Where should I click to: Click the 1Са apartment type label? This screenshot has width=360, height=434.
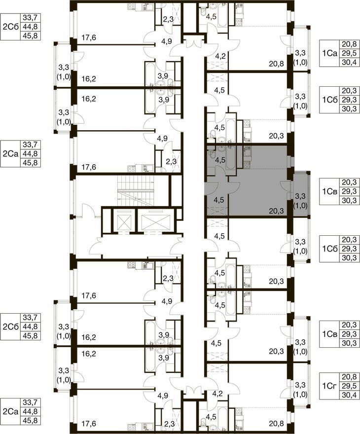[329, 53]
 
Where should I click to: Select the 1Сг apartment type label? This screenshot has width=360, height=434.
[329, 386]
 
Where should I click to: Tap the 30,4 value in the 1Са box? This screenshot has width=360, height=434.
[349, 62]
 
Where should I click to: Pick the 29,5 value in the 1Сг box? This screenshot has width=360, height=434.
[349, 386]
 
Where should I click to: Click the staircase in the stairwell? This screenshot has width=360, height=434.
[135, 190]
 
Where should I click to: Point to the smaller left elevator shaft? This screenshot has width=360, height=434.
[124, 220]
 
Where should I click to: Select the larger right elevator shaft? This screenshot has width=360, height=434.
[153, 220]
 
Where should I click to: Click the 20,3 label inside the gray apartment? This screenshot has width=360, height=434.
[276, 212]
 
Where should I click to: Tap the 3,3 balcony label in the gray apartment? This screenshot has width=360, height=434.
[300, 196]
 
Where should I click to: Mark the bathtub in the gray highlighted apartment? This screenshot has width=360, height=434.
[230, 158]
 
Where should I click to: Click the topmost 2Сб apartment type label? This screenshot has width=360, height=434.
[10, 27]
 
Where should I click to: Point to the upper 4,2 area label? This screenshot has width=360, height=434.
[220, 56]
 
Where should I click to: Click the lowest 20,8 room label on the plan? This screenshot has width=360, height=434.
[276, 423]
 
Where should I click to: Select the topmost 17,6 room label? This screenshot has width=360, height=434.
[89, 37]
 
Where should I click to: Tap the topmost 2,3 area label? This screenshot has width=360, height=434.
[168, 19]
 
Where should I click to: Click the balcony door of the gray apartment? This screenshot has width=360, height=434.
[285, 186]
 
